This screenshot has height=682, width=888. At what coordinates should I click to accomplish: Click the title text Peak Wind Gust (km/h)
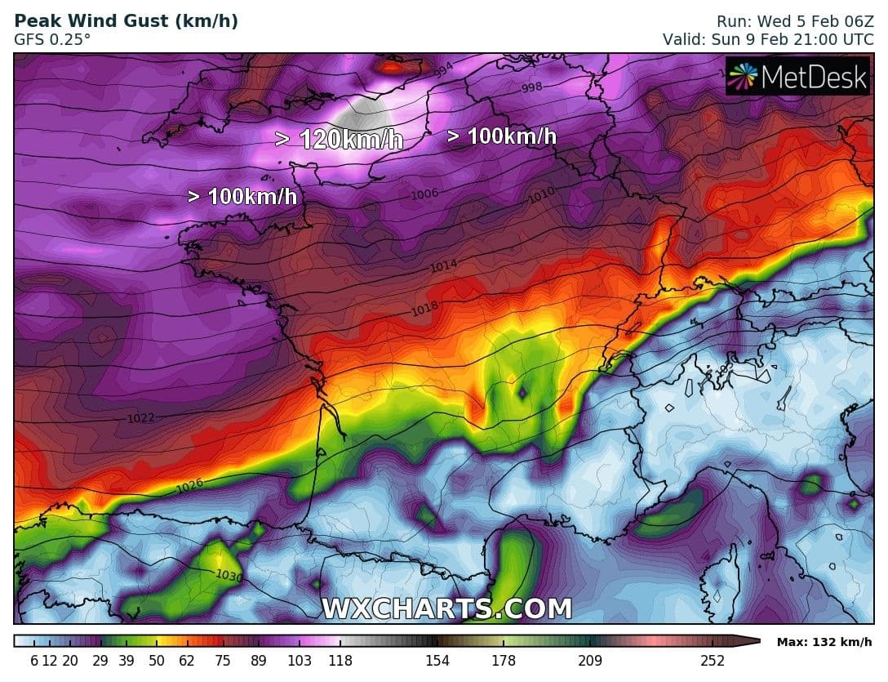point(127,21)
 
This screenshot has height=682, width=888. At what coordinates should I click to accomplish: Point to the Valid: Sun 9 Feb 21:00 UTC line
point(768,38)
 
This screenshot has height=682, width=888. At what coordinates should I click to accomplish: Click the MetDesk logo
point(797,77)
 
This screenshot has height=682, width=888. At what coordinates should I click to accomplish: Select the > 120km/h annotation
point(339,140)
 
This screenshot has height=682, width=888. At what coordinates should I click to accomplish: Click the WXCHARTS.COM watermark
point(446,608)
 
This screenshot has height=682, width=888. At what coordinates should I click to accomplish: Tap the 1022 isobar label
point(140,418)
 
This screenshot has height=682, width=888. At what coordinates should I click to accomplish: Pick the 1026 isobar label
point(189,488)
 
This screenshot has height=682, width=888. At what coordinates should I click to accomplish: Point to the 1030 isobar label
point(229,575)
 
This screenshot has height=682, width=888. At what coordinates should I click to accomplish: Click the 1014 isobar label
point(445,265)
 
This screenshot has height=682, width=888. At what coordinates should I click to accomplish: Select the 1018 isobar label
point(425,309)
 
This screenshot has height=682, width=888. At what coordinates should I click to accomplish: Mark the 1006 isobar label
point(425,194)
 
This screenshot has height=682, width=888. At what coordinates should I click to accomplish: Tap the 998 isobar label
point(531,88)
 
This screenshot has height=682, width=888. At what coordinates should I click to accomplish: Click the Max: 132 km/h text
point(824,641)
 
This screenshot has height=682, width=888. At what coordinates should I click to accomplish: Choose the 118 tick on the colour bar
point(340,661)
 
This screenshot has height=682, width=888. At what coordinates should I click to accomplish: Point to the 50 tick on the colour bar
point(155,661)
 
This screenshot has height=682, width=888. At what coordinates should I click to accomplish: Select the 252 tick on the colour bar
point(712,661)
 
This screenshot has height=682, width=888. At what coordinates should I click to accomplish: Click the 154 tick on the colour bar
point(437,661)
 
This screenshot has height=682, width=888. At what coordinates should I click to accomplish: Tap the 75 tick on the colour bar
point(222,661)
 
